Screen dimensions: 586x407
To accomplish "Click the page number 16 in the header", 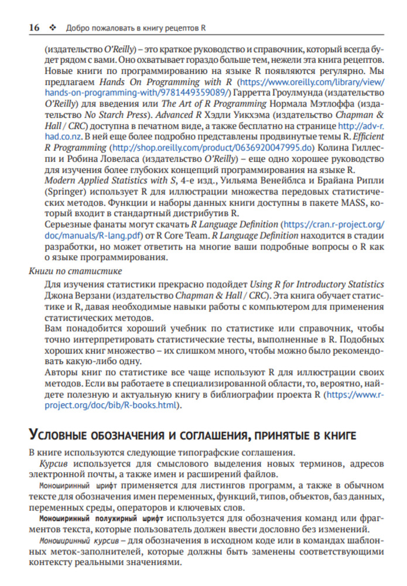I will (x=34, y=27).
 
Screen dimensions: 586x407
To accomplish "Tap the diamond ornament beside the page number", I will (x=53, y=28).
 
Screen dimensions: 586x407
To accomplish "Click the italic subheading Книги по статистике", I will (x=76, y=271).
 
